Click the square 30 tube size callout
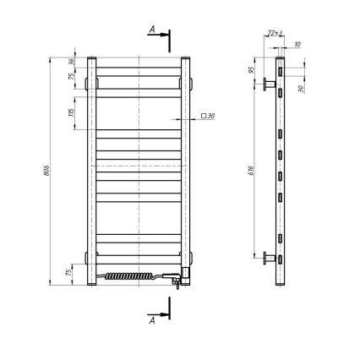(x=208, y=116)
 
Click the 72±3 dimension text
(x=273, y=31)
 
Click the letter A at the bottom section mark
(x=150, y=321)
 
